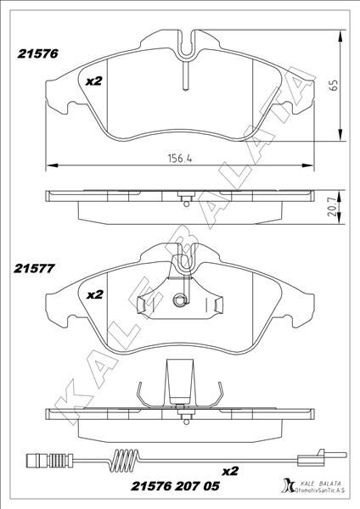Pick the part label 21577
click(x=35, y=269)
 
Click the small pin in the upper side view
click(x=183, y=199)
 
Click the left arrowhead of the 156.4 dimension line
click(x=47, y=165)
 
